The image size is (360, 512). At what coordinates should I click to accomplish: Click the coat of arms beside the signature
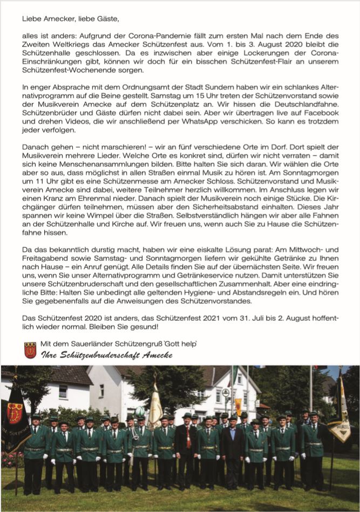30,350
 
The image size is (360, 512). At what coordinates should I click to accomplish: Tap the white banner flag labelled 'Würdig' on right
340,411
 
